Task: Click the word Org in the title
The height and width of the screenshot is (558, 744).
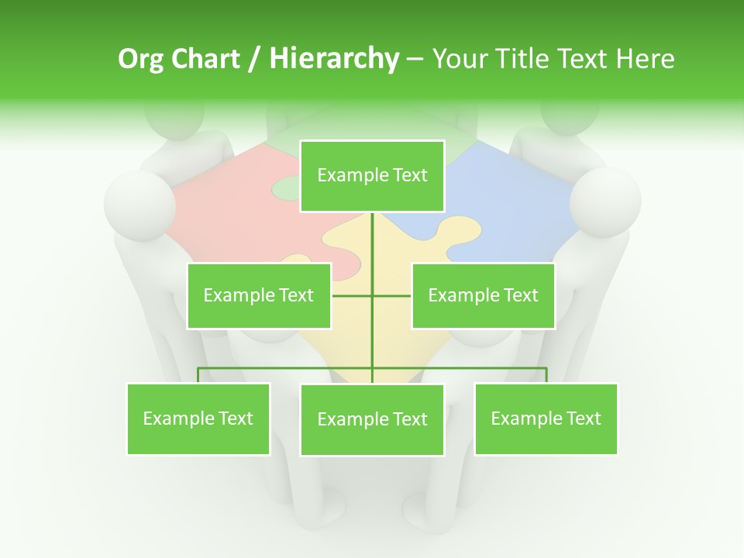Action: [x=140, y=59]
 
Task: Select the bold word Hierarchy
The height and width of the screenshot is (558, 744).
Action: [x=333, y=59]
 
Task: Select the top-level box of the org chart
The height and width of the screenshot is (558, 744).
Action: [x=372, y=176]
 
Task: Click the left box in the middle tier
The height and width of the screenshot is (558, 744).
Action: [x=259, y=295]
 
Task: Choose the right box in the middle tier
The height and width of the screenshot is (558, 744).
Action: [x=483, y=295]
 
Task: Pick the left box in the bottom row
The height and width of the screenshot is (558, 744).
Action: [x=198, y=418]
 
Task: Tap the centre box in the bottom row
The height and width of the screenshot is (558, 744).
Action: [x=372, y=419]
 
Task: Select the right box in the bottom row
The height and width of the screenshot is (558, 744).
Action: [x=546, y=418]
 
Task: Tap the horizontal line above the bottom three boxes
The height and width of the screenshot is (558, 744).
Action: [x=287, y=368]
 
